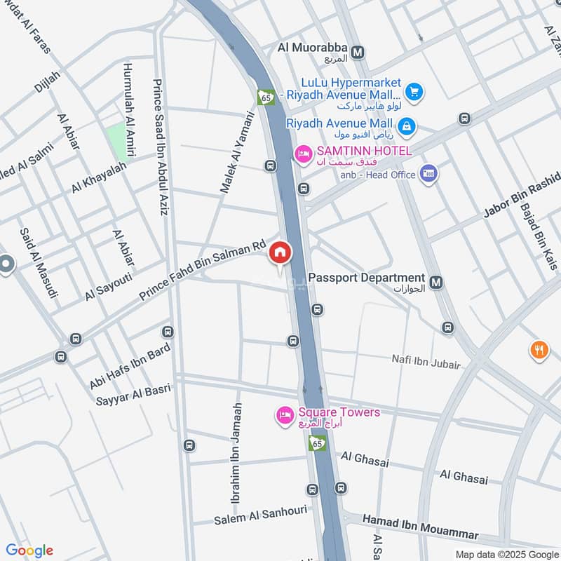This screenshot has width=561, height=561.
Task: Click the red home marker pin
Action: point(280,252)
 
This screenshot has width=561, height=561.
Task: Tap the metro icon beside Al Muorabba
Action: point(358,52)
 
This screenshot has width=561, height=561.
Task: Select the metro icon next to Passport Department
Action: point(437,283)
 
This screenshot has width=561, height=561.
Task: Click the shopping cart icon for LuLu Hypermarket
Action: point(414,90)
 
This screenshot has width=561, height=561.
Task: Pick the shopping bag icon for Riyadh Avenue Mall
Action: point(406,126)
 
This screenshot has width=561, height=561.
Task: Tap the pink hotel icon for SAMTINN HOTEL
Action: point(303,152)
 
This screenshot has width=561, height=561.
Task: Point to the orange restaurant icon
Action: point(539,350)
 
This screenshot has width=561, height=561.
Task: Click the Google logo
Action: point(29,550)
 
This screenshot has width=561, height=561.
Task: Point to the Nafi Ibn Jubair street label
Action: point(426,364)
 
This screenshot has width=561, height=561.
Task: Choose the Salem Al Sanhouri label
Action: point(260,516)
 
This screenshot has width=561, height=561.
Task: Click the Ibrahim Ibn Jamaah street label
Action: point(237,453)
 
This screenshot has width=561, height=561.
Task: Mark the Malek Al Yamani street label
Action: point(236,151)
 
